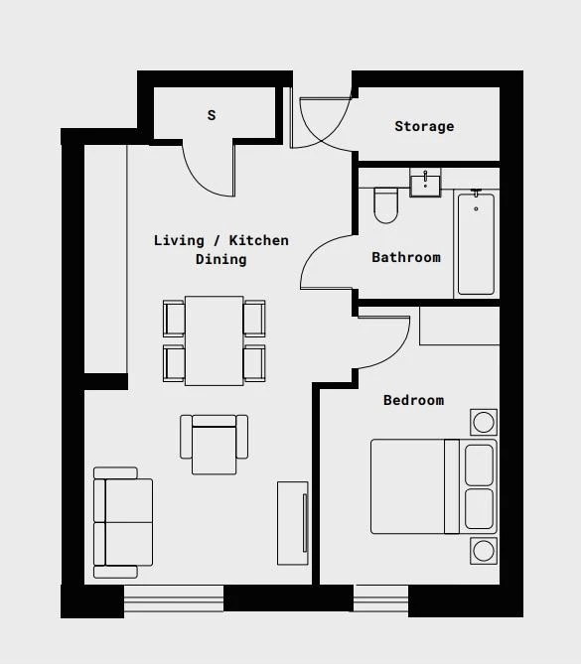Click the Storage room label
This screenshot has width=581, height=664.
(x=424, y=126)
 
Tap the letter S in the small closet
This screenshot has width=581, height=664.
(x=212, y=115)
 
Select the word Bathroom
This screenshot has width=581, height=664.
(x=406, y=257)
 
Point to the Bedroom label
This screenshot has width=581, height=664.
(x=413, y=400)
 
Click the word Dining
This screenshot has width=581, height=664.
(x=220, y=259)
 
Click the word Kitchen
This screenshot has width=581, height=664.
(x=259, y=240)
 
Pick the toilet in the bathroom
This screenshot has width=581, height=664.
(x=385, y=205)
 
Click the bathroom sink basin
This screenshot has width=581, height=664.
(x=425, y=182)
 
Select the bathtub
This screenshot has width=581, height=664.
(x=476, y=243)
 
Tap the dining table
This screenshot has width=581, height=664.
(x=214, y=340)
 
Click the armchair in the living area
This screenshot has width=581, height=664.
(x=214, y=445)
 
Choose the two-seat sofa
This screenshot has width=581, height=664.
(x=123, y=522)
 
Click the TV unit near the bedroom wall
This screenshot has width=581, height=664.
(x=293, y=523)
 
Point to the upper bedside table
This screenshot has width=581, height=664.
(x=484, y=422)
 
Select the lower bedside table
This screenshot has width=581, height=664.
(x=484, y=551)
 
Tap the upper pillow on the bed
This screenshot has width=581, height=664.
(x=479, y=465)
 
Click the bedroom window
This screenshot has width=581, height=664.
(x=380, y=598)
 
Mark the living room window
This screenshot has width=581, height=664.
(x=174, y=598)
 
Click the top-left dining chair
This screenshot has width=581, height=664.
(x=174, y=319)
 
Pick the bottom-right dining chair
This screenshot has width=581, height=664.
(x=254, y=363)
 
